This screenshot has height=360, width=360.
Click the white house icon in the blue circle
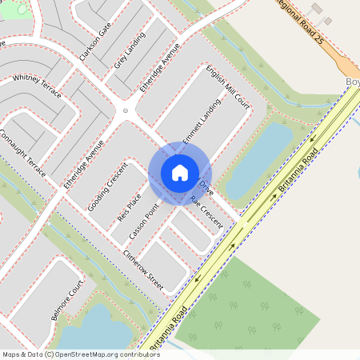tap(180, 172)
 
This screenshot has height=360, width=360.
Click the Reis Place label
tap(129, 207)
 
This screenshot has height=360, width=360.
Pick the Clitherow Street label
tap(143, 270)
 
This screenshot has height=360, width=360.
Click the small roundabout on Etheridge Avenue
tap(125, 111)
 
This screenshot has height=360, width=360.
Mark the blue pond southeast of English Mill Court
tap(258, 160)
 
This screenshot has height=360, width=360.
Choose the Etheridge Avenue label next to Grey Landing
tap(159, 71)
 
